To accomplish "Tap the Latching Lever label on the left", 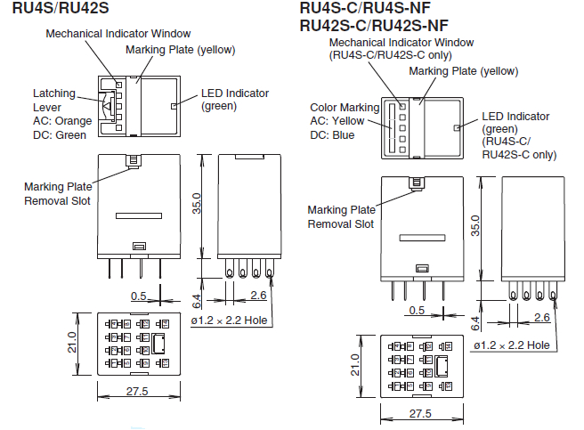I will click(54, 100).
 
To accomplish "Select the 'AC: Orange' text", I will click(62, 121).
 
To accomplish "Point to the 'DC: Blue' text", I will click(332, 135).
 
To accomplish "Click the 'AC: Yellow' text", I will click(337, 121).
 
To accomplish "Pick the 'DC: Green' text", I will click(60, 135).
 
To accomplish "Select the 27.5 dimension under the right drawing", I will click(421, 414).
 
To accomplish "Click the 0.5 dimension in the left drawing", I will click(140, 296).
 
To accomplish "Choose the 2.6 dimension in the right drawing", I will click(541, 318).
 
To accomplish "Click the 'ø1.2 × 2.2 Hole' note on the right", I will click(511, 345).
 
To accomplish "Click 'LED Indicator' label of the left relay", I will click(234, 93).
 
